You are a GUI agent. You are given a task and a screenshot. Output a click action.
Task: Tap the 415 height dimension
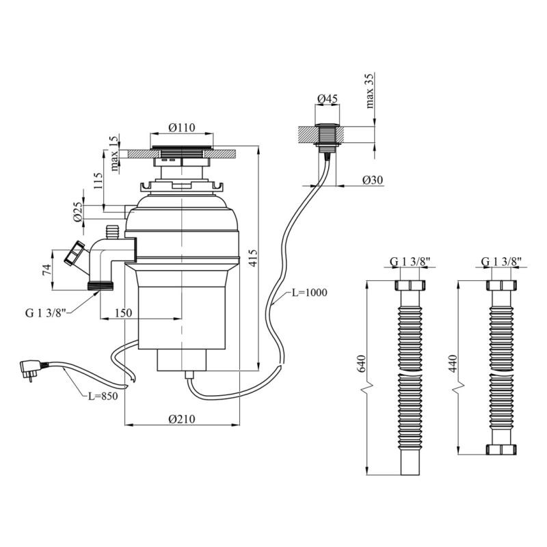click(253, 258)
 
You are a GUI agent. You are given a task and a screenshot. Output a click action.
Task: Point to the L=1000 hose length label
click(309, 293)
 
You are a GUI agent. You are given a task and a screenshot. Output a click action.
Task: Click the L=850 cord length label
click(103, 395)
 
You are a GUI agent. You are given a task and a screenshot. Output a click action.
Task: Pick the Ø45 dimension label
click(328, 98)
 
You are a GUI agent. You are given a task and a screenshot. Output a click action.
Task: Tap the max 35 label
click(371, 91)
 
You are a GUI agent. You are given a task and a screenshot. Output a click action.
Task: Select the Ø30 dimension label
click(373, 180)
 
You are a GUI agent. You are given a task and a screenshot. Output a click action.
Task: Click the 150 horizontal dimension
click(124, 312)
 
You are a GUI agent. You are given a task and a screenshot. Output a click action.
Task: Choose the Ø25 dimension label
click(79, 212)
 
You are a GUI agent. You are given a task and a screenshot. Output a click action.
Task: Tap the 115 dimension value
click(98, 181)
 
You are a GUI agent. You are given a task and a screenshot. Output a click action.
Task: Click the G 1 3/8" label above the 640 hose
click(410, 261)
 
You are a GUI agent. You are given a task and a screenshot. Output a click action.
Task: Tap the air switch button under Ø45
click(328, 135)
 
